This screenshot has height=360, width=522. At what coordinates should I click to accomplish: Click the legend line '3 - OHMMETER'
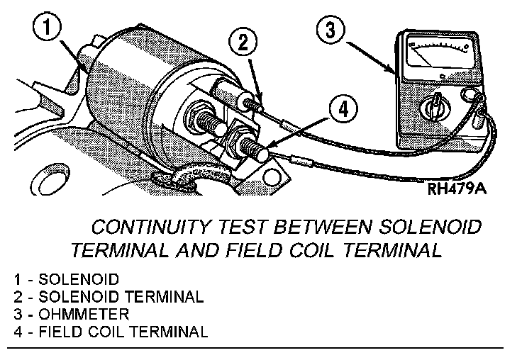coord(65,313)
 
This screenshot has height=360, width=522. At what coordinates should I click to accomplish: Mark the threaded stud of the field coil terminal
coord(252,148)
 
